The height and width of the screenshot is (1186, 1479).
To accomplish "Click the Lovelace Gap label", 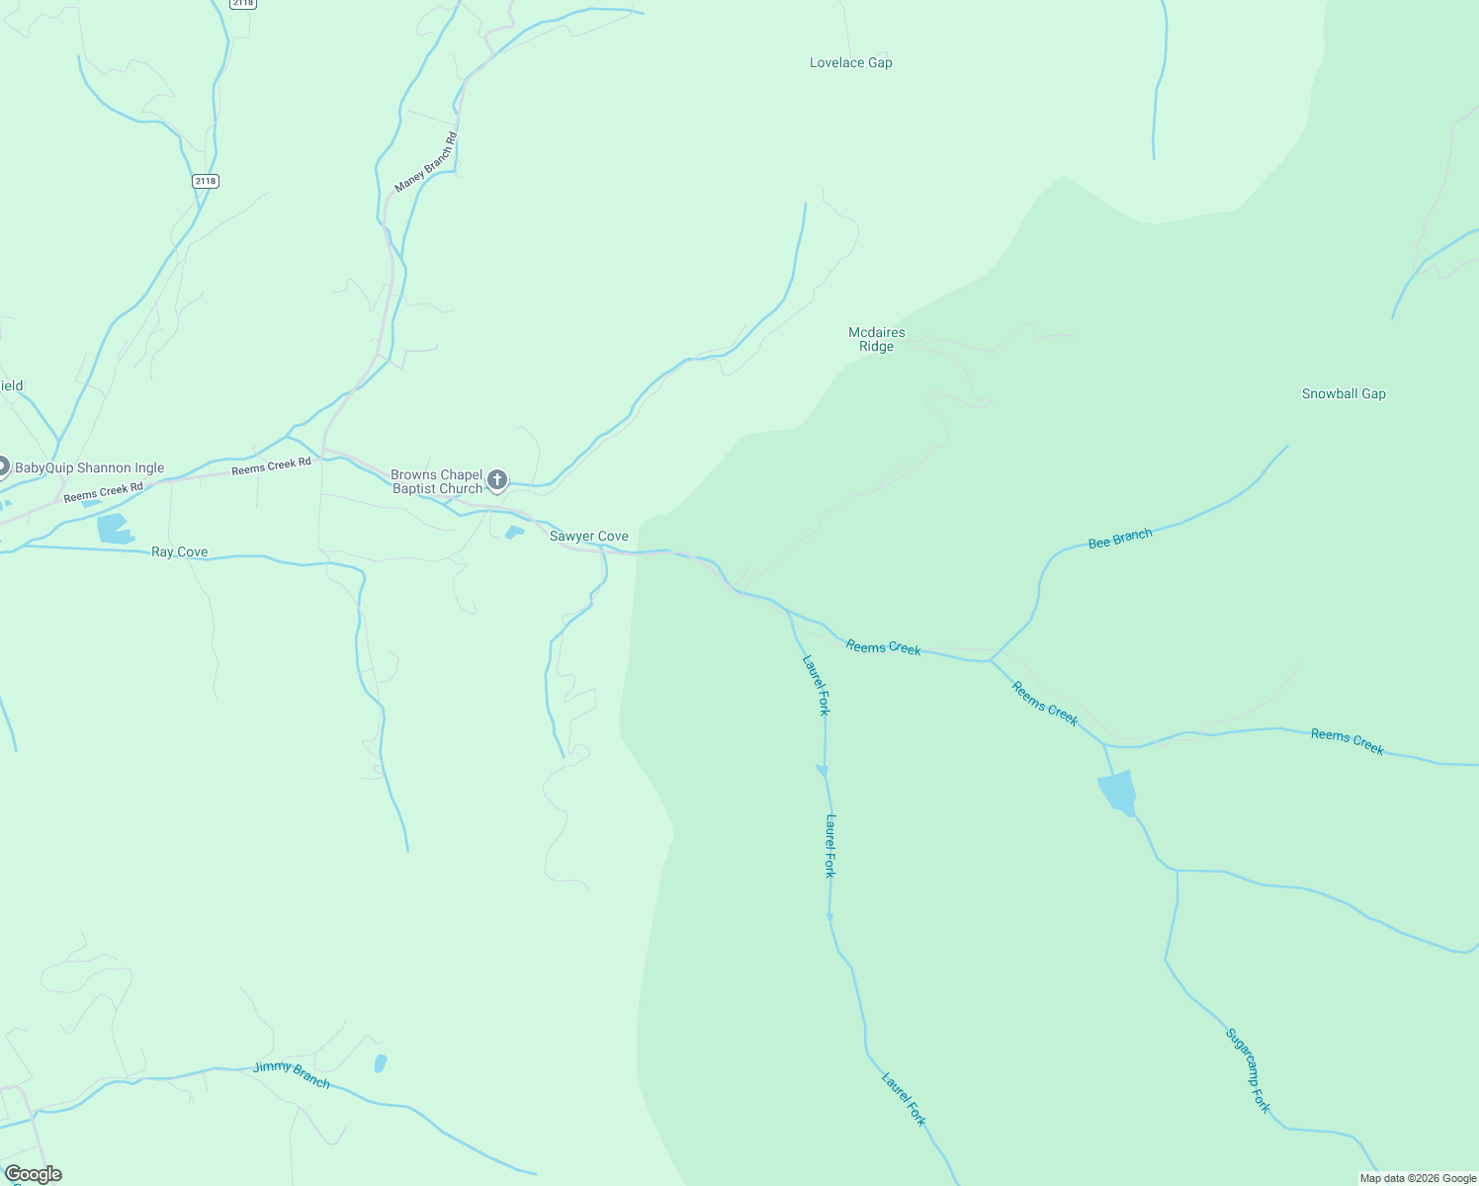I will (x=850, y=63).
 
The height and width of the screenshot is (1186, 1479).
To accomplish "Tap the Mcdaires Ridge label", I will (x=876, y=339).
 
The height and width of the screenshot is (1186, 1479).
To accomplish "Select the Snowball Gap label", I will (x=1343, y=393).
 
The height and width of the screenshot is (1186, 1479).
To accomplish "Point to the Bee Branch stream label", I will (x=1119, y=539).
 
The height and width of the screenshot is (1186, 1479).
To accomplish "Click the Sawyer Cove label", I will (x=588, y=537).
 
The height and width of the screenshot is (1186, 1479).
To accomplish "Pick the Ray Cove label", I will (x=179, y=552).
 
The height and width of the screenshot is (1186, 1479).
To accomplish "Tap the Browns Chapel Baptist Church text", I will (x=436, y=481).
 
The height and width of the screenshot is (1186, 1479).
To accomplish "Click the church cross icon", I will (x=497, y=481).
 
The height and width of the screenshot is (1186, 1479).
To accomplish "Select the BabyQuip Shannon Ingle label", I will (x=89, y=468).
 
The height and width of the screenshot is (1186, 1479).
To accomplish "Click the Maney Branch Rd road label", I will (x=426, y=162).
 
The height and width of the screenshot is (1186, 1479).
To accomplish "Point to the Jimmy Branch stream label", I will (x=291, y=1074).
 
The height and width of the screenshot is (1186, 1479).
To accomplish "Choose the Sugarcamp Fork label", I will (x=1247, y=1070).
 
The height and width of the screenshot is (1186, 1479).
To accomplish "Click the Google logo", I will (x=34, y=1174).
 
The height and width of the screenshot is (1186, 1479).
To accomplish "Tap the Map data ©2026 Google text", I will (x=1417, y=1178).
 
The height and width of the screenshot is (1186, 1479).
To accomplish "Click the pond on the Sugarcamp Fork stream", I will (x=1117, y=794).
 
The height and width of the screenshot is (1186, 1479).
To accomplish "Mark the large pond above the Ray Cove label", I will (x=114, y=529).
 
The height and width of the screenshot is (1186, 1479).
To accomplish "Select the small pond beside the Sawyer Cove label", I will (x=514, y=533).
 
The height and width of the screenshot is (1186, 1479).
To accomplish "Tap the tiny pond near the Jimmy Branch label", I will (x=380, y=1063).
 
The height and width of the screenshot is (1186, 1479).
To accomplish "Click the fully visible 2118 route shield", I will (x=206, y=181).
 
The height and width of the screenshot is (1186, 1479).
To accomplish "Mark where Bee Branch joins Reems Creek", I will (x=991, y=660).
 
